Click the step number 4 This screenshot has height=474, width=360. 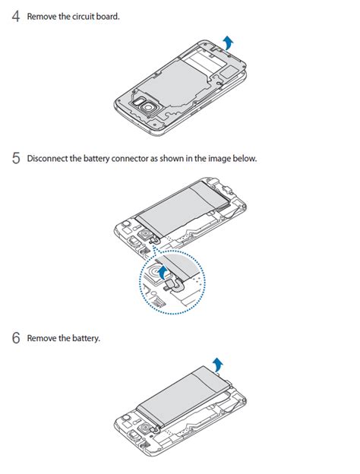click(x=16, y=16)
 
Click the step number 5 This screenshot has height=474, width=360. click(x=16, y=158)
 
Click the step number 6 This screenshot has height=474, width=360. click(x=16, y=338)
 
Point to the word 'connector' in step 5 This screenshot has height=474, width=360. click(x=130, y=159)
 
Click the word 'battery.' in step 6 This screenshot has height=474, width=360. click(x=86, y=338)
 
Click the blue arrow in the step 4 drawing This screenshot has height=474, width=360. click(x=229, y=43)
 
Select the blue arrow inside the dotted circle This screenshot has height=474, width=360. click(x=163, y=273)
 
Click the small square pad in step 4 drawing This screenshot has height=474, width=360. click(x=229, y=73)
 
